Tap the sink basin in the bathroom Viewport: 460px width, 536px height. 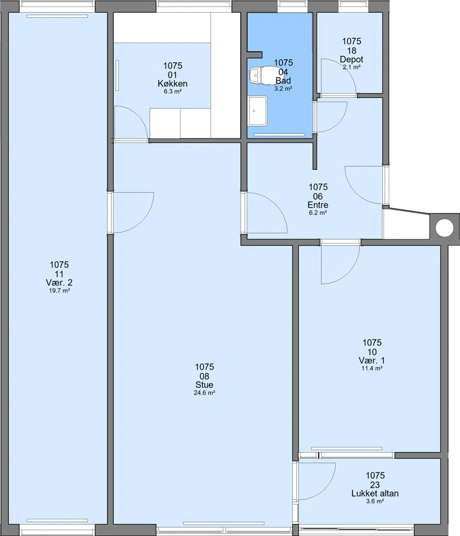(258, 111)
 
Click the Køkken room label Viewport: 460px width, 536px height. (172, 83)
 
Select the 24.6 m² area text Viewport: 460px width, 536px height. (204, 393)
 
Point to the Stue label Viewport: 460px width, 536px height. (204, 385)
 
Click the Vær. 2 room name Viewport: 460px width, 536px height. (59, 283)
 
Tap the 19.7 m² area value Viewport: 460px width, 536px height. (59, 291)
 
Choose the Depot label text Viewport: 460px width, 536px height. (352, 59)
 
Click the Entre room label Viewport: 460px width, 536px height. (318, 205)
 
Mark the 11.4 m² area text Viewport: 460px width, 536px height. (372, 368)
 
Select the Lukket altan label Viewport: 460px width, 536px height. (375, 493)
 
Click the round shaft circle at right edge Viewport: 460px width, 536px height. (444, 228)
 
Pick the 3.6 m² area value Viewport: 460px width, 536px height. (375, 501)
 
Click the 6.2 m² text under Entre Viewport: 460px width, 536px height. (318, 213)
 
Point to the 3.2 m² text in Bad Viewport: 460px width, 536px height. (283, 89)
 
